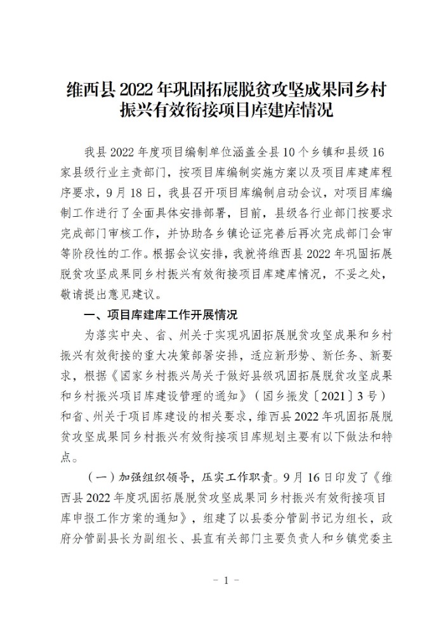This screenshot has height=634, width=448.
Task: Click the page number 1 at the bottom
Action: (x=223, y=580)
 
